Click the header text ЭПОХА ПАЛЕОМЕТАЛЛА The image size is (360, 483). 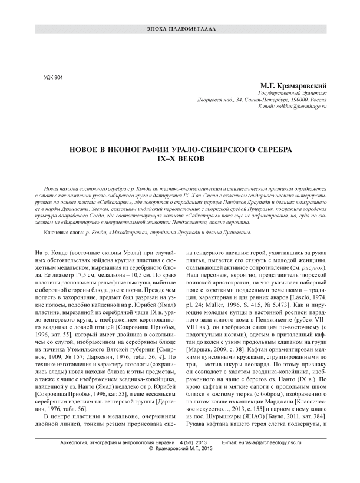click(180, 28)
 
